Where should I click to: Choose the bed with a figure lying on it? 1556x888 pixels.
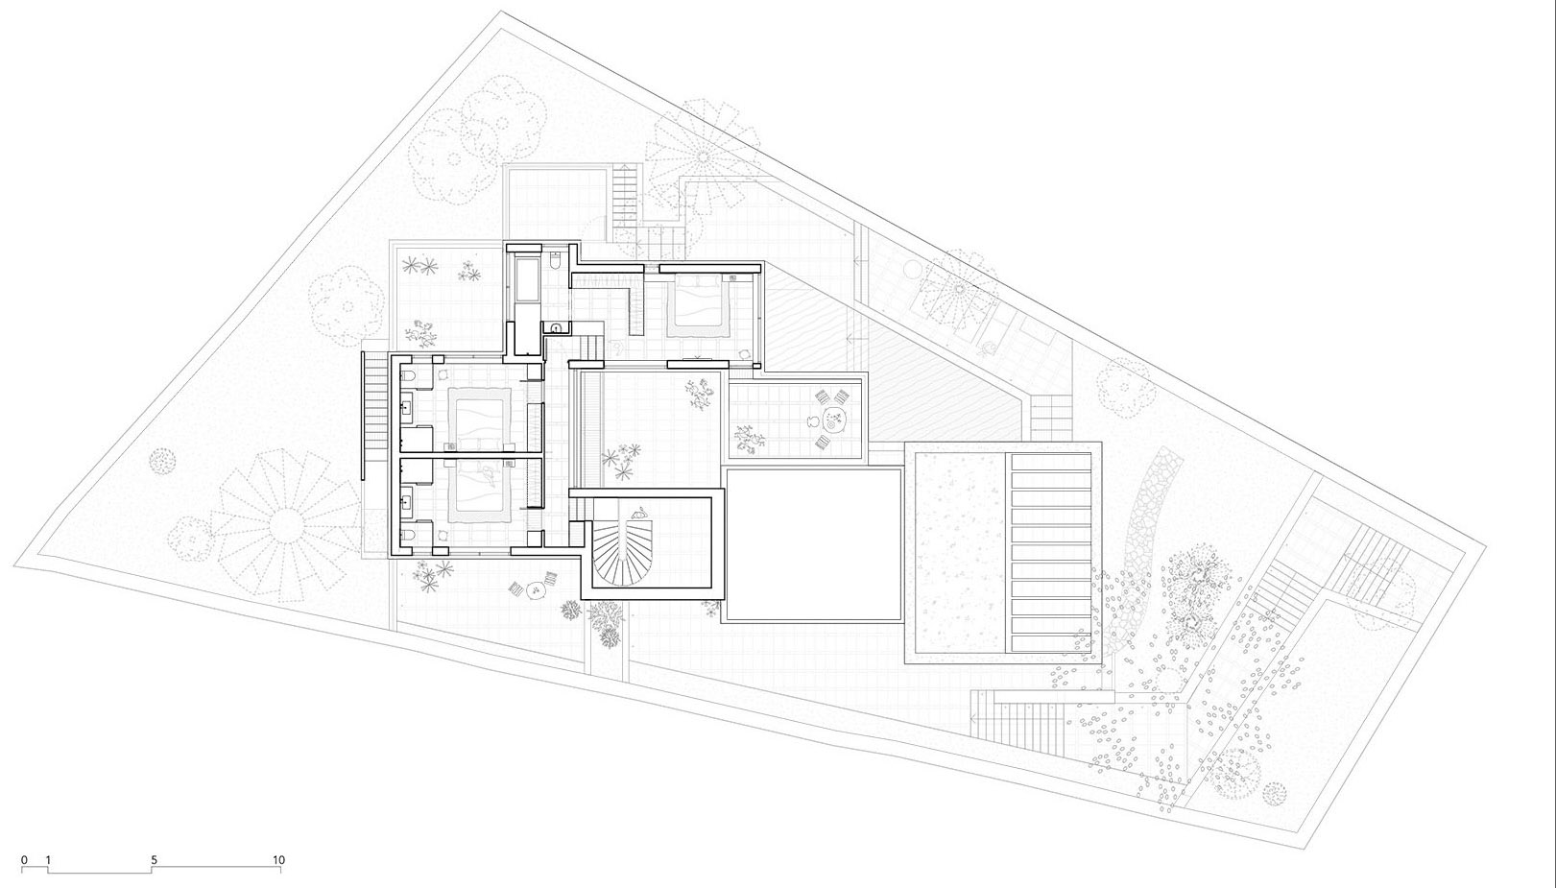481,487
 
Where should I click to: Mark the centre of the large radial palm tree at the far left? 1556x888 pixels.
289,524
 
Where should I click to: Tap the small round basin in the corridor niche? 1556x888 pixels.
555,328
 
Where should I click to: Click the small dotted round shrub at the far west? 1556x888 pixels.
162,460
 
